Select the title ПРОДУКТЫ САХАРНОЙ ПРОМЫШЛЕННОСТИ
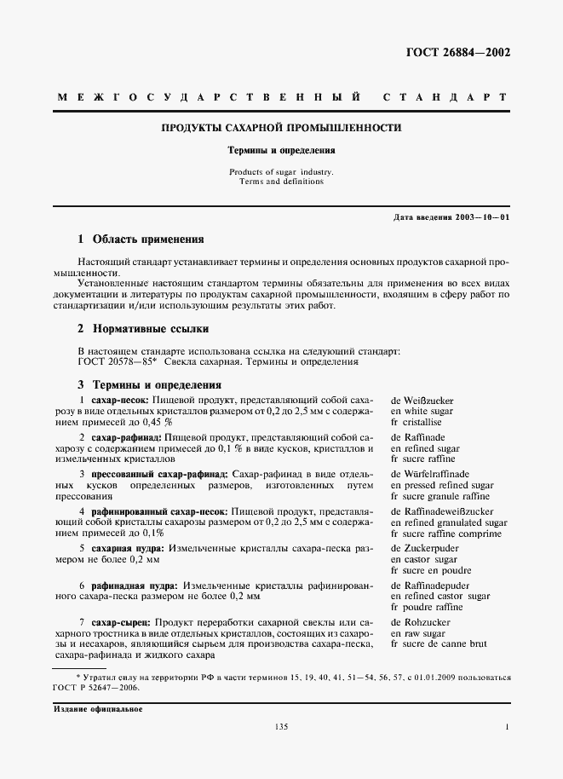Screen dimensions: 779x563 [x=282, y=128]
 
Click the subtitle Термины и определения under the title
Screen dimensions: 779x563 [x=281, y=149]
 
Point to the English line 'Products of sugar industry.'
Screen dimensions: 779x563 [x=282, y=171]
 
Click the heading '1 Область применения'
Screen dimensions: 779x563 [x=141, y=240]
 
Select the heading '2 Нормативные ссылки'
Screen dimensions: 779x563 [x=143, y=328]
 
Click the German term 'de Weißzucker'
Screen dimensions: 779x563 [x=423, y=399]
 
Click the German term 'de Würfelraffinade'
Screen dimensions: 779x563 [x=430, y=473]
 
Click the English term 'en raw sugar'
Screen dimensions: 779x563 [x=418, y=635]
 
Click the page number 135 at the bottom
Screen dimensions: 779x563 [x=281, y=726]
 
